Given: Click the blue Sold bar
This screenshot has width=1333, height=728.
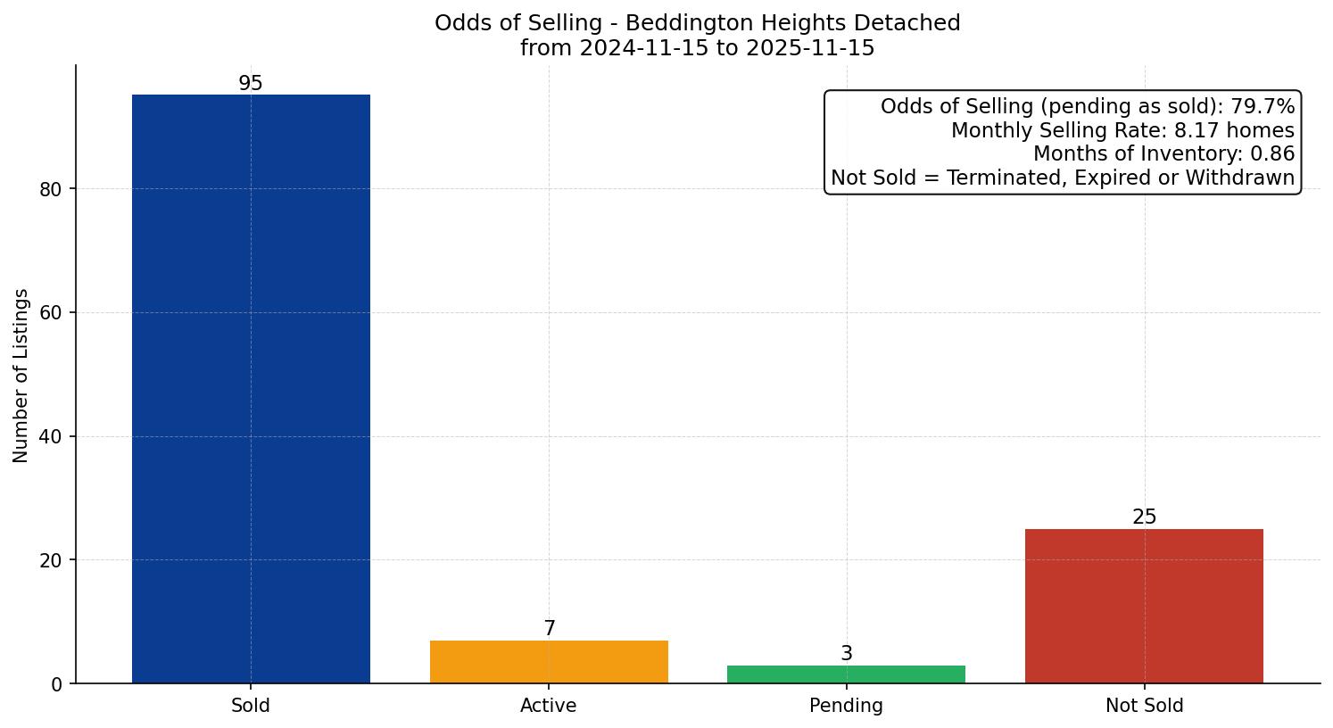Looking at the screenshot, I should [251, 389].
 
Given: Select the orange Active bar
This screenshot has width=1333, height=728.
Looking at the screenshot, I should [549, 662].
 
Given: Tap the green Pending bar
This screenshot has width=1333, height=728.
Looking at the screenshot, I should [846, 674].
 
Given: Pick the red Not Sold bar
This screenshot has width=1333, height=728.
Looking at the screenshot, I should [1144, 606].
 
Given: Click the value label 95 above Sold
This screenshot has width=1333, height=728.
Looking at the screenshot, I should [251, 84].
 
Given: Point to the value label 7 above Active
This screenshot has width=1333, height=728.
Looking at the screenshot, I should [550, 629].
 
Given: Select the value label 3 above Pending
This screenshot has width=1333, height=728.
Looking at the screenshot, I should [847, 654].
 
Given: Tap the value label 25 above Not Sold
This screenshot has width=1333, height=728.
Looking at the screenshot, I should [1144, 517].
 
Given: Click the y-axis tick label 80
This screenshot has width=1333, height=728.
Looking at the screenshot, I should [51, 189].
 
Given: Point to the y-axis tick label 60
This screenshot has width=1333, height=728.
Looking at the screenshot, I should [51, 313].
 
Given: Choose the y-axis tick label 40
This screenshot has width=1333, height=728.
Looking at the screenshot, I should [51, 437].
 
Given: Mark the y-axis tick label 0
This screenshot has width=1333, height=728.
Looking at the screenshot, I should [57, 684].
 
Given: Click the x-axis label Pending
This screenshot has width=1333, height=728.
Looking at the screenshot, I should [846, 706].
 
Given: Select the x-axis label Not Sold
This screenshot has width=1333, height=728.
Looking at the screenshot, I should [1144, 706].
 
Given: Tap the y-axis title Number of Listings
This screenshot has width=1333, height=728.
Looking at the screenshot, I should [21, 375].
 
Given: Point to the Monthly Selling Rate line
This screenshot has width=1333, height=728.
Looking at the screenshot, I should [1122, 130].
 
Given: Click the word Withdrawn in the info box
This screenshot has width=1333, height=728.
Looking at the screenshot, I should [1249, 178].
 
